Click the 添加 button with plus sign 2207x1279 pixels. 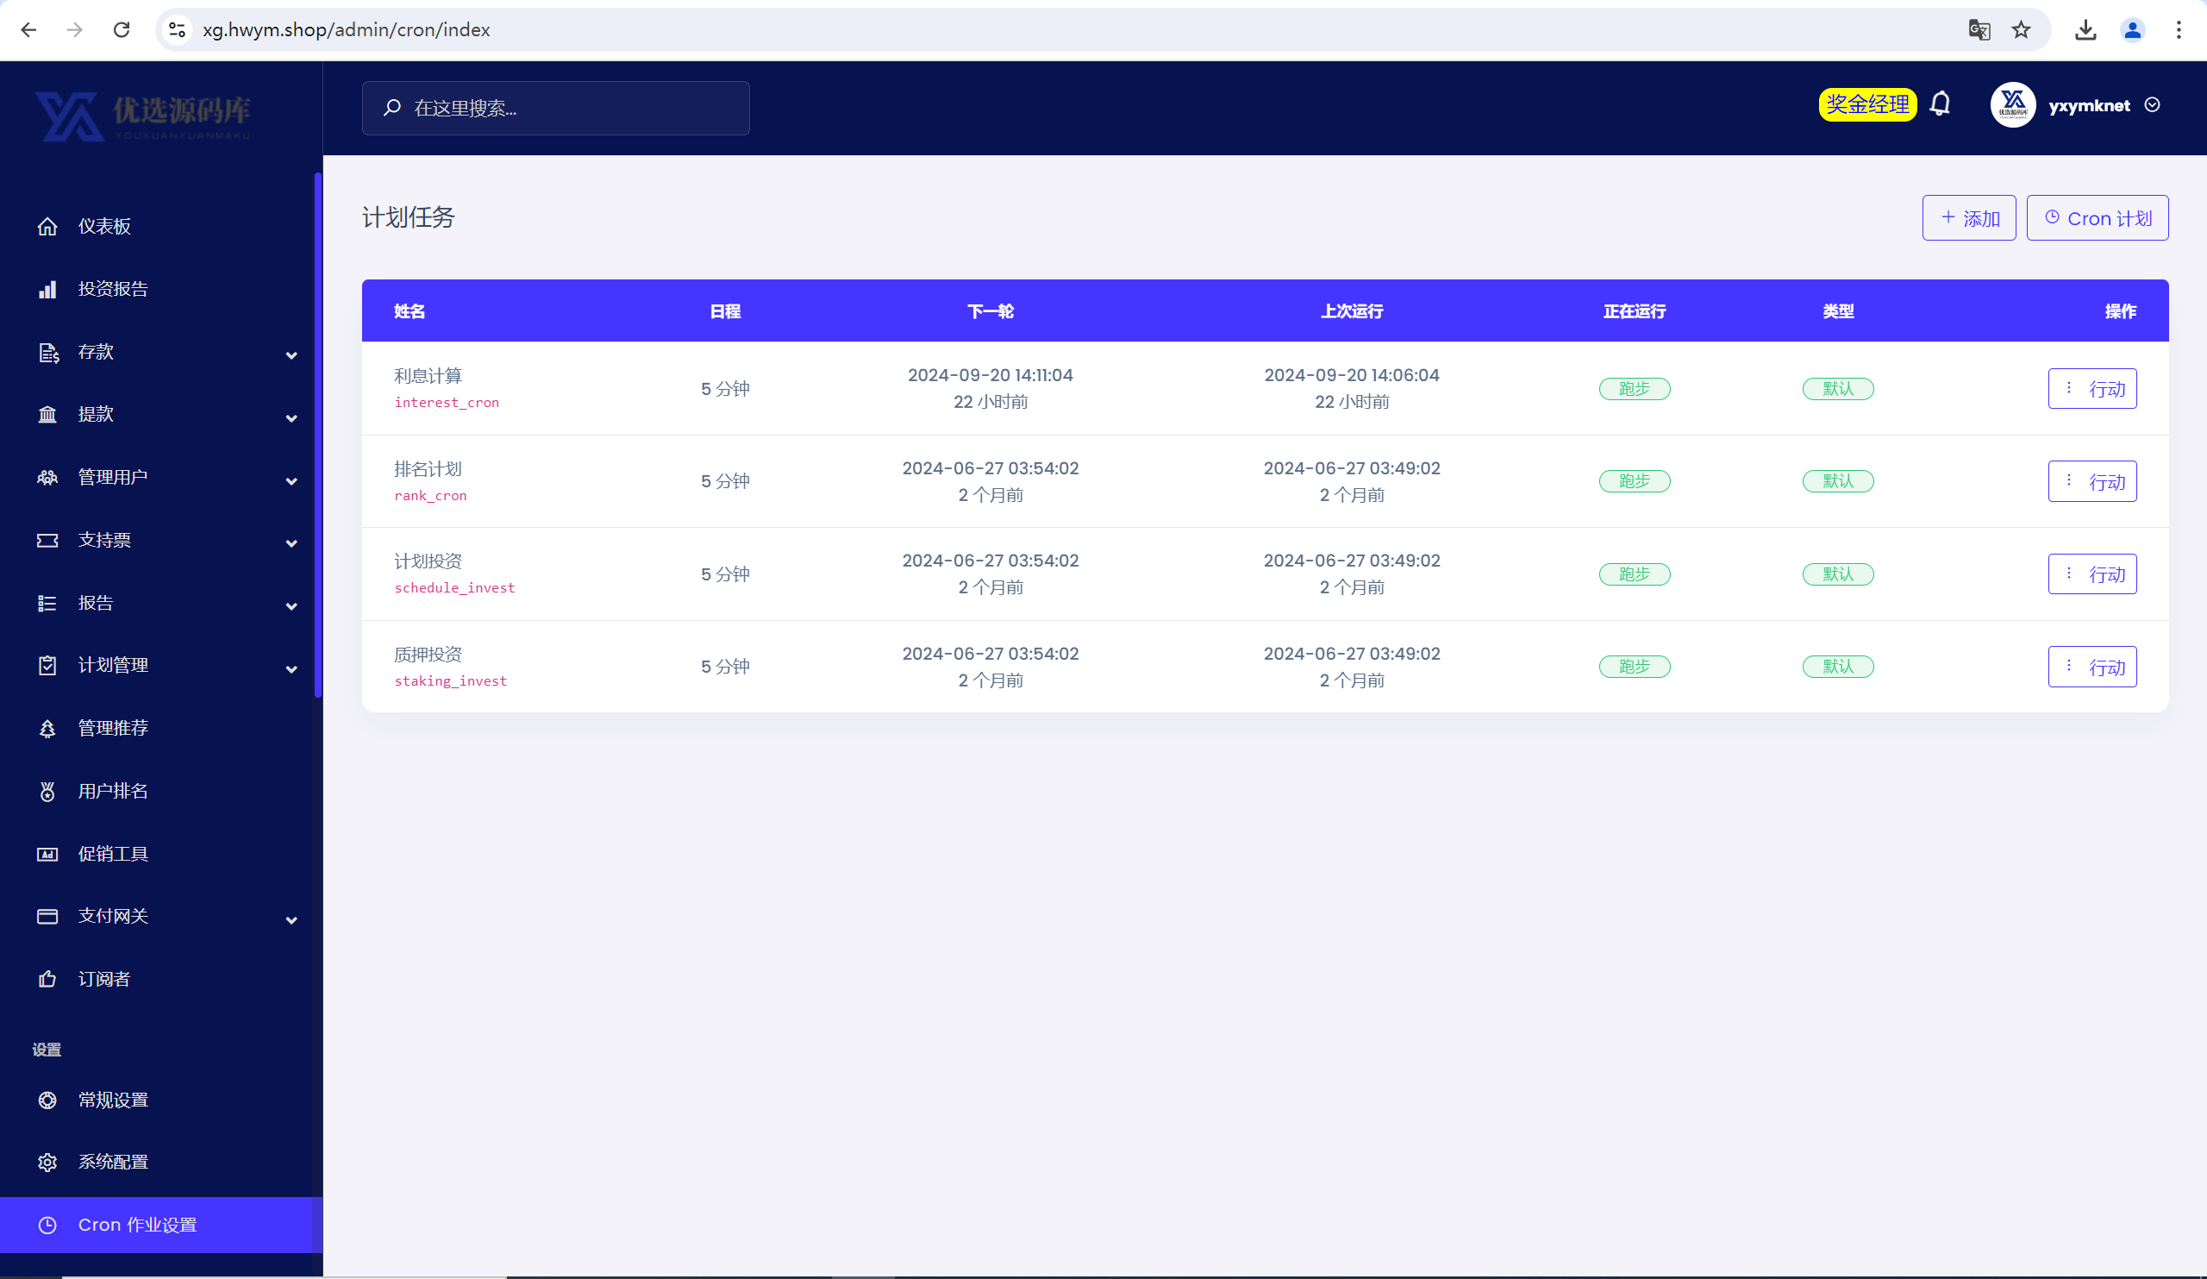(1968, 218)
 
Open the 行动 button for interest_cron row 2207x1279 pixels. (2091, 389)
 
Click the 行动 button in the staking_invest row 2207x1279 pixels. (2091, 667)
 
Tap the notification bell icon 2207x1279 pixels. (1940, 104)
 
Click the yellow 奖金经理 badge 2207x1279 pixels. (1867, 105)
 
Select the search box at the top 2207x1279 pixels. (555, 109)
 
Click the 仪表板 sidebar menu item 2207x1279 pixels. (104, 227)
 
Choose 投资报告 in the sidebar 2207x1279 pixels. (113, 289)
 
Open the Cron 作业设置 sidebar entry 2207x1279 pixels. (136, 1225)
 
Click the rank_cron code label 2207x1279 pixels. (430, 496)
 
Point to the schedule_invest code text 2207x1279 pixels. (454, 588)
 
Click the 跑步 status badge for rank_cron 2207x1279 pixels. (1635, 481)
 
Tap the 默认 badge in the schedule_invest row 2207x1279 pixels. (1837, 574)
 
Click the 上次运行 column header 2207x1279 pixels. (1351, 311)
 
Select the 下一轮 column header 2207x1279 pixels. (990, 311)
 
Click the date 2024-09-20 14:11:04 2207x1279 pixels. (990, 375)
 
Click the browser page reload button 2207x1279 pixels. (122, 30)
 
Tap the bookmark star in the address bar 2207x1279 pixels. (2021, 30)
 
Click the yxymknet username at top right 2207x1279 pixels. (2089, 105)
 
